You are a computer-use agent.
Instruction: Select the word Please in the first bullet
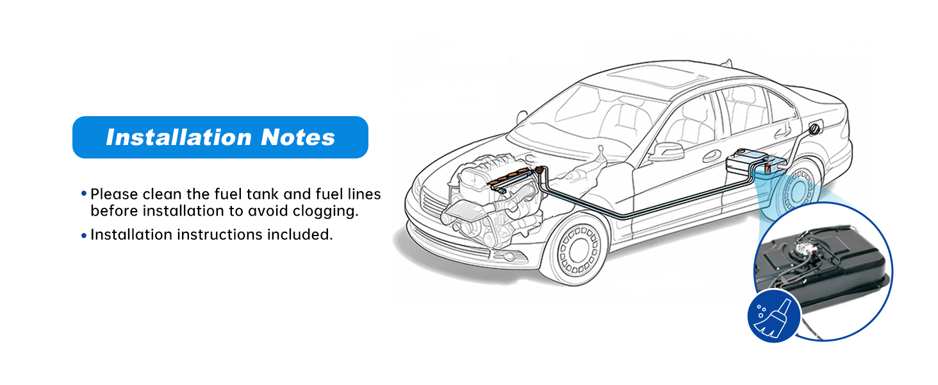[115, 194]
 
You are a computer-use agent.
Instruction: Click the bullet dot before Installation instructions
[84, 235]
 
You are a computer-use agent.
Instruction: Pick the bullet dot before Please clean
[84, 193]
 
